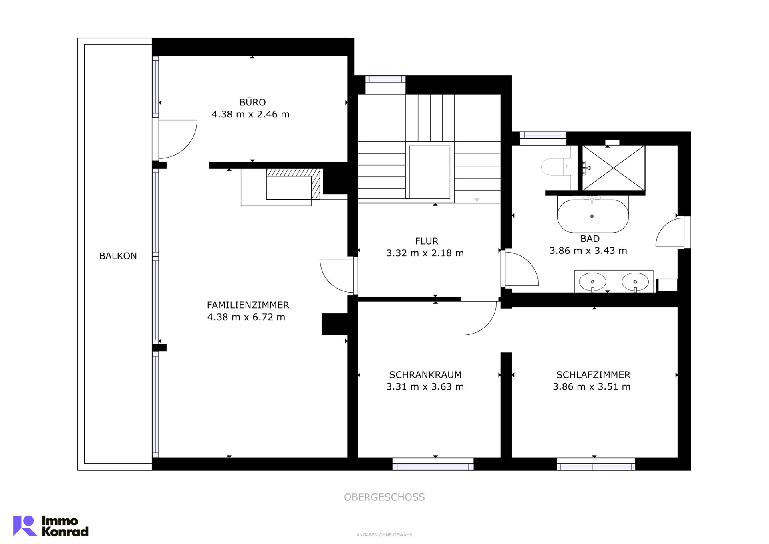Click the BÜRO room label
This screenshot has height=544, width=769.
(252, 102)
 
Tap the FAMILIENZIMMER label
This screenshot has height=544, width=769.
(248, 305)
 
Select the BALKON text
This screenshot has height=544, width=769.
(118, 256)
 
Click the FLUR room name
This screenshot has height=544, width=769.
(427, 241)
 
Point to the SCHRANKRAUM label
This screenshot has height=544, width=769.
(425, 375)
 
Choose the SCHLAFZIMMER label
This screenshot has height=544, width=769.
(593, 375)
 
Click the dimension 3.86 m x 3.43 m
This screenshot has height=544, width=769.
(588, 251)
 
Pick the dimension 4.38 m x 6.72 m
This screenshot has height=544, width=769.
(246, 317)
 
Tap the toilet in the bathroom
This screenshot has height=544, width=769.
(556, 167)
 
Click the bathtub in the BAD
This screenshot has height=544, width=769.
(593, 216)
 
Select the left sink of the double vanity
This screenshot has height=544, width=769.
(592, 281)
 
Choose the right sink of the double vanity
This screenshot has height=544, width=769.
(635, 281)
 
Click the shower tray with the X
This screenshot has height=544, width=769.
(614, 168)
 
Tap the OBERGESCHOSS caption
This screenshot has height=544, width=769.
(384, 497)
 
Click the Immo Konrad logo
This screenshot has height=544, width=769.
(51, 526)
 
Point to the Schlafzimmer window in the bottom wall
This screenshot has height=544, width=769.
(596, 464)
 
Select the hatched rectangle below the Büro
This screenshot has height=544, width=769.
(293, 184)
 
